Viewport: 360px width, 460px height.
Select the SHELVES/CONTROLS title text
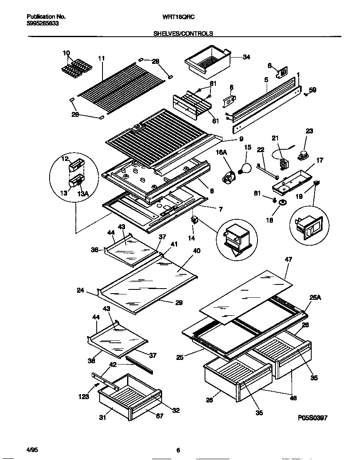tap(184, 33)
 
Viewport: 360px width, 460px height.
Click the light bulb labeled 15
tap(245, 168)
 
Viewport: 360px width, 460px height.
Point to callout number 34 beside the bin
tap(246, 57)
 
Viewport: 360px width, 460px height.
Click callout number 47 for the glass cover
tap(288, 259)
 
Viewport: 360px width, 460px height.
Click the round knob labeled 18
tap(283, 203)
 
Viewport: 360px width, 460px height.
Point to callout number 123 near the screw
tap(84, 397)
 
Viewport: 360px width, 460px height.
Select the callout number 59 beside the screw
tap(312, 89)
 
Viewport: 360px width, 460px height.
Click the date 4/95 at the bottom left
tap(32, 450)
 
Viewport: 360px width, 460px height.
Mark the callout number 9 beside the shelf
tap(241, 139)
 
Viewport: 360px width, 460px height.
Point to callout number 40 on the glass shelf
tap(197, 251)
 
